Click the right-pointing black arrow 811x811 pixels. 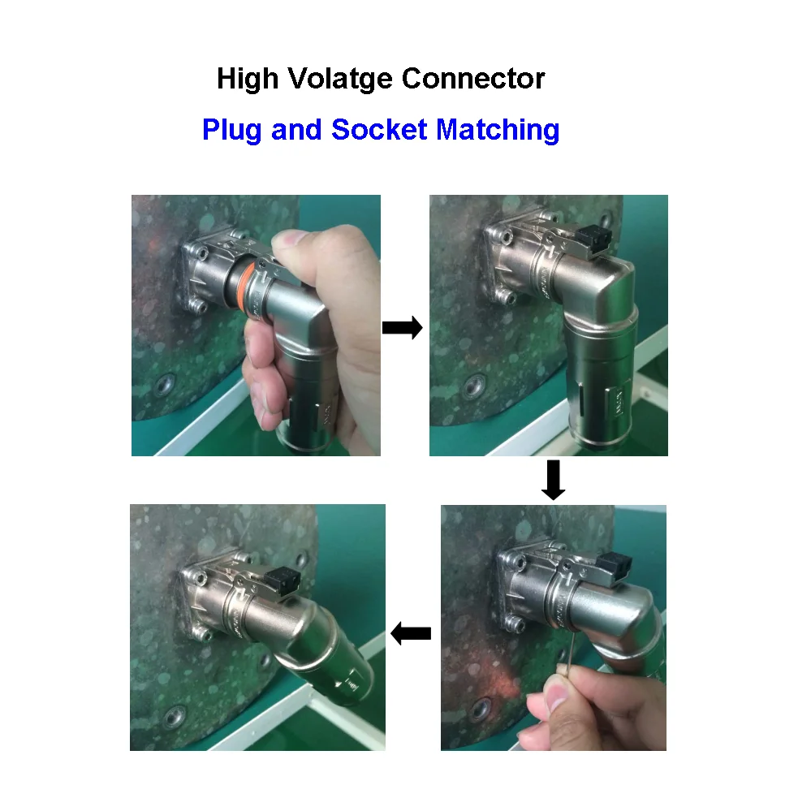pos(402,328)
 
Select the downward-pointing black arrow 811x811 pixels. pos(553,481)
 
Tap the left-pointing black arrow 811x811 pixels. pos(411,632)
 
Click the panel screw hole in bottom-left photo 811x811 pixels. pos(171,717)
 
